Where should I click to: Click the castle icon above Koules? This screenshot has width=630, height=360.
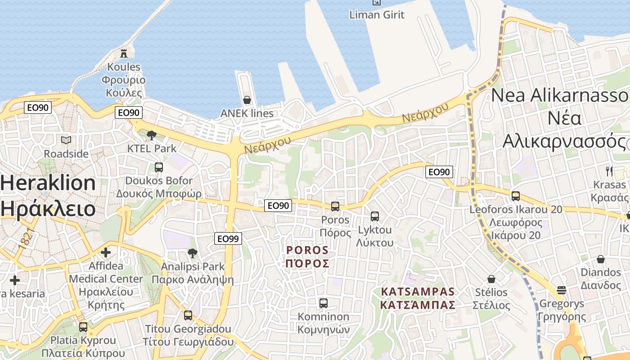124,54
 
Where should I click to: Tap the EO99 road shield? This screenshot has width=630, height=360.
228,238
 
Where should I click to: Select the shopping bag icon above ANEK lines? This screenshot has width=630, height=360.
247,100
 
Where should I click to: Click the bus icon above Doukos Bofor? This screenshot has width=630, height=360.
159,167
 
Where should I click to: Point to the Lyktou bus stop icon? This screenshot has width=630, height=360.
375,216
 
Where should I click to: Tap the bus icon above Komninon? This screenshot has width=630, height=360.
323,303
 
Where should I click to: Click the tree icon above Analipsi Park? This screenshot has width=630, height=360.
193,253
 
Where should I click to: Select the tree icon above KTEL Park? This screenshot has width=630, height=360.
152,135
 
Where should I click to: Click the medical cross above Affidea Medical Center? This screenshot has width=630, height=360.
106,252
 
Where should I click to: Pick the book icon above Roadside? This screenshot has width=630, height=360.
66,140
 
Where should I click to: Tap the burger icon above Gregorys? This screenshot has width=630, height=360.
561,290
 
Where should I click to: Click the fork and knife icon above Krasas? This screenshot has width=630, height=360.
609,171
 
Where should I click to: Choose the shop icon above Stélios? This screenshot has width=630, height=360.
491,279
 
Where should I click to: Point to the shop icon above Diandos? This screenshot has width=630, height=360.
601,259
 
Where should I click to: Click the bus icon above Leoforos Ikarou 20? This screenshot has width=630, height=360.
516,196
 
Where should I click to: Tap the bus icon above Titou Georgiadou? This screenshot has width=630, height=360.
188,315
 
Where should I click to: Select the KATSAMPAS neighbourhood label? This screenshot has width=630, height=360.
418,298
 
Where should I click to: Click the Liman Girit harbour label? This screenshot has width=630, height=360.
377,14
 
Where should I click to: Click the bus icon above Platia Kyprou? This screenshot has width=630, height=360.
83,327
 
